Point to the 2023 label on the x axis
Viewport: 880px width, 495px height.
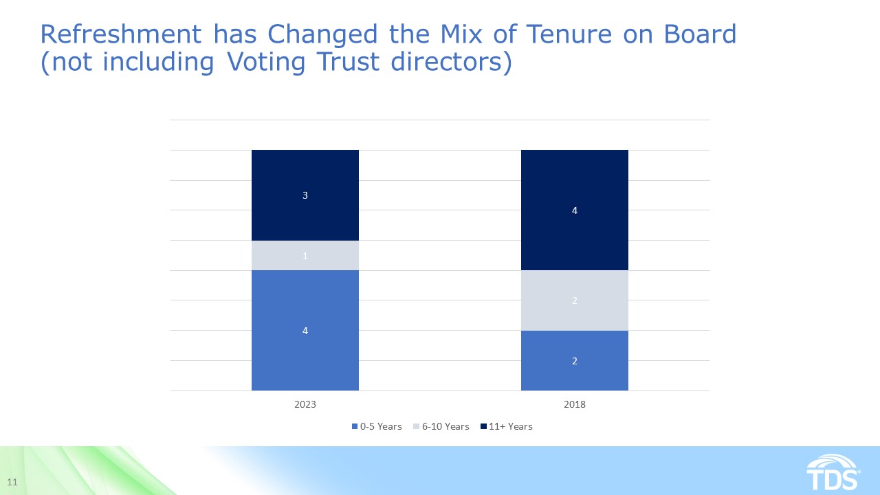click(x=305, y=404)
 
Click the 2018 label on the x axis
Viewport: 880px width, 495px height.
click(x=574, y=404)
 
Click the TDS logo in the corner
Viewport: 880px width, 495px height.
click(x=833, y=472)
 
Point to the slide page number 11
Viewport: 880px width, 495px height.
click(x=12, y=481)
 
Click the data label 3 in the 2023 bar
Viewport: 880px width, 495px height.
click(x=305, y=195)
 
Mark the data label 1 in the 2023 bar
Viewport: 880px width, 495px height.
click(x=305, y=256)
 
